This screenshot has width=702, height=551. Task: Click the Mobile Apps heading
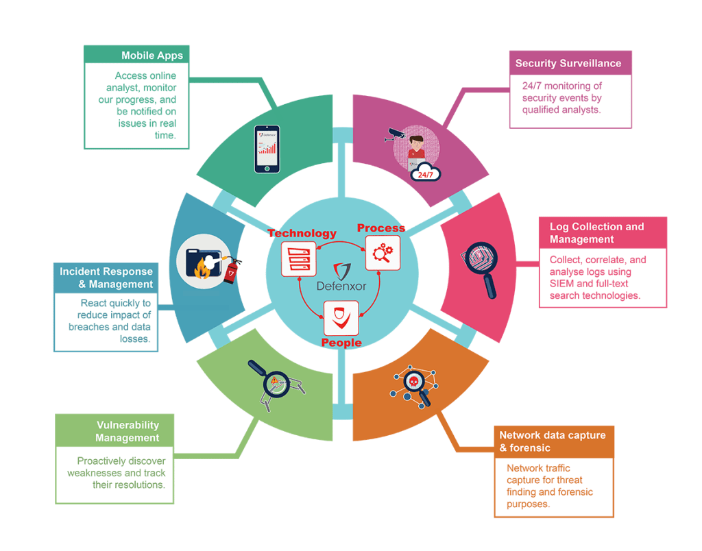point(152,56)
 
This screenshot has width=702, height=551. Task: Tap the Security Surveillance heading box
point(568,64)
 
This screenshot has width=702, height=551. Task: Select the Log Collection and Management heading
point(597,233)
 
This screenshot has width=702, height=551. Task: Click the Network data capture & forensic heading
point(553,441)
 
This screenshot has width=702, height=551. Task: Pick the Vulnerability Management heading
point(128,431)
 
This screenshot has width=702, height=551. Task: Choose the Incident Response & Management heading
point(106,278)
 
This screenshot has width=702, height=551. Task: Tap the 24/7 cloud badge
point(425,174)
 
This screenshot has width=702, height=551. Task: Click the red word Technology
point(302,233)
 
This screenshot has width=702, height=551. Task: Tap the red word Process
point(381,228)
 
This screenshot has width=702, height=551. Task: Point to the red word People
point(341,342)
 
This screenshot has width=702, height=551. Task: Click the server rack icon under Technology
point(298,258)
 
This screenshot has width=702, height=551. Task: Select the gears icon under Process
point(381,253)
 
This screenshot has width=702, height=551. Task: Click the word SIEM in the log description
point(562,284)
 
